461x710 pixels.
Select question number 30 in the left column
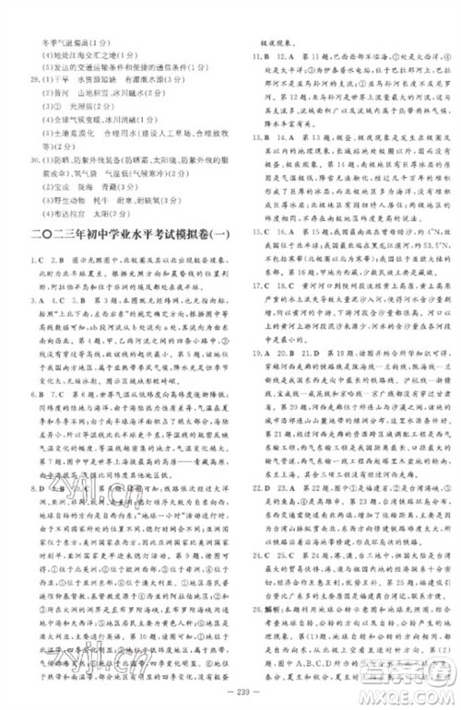coord(34,158)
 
